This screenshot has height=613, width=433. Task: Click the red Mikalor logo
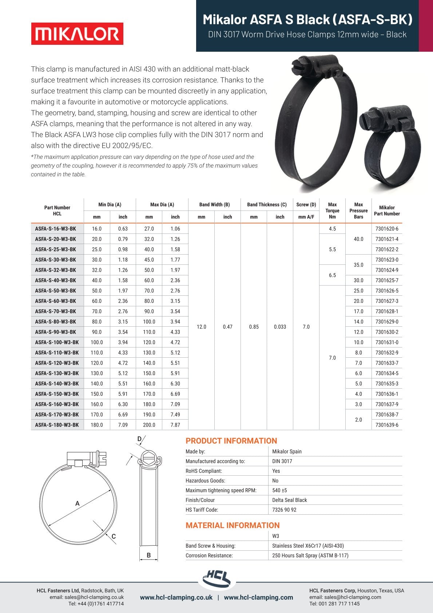tap(77, 34)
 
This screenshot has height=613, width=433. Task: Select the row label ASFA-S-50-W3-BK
tap(56, 291)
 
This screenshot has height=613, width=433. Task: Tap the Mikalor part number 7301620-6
tap(387, 229)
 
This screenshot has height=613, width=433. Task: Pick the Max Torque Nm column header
tap(332, 211)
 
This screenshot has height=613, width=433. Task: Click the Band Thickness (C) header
tap(267, 205)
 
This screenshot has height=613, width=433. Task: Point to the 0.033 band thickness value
tap(280, 327)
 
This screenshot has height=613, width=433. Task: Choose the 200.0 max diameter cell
tap(149, 425)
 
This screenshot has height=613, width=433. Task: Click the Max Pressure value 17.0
tap(358, 311)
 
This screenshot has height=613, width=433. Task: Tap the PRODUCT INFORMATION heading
tap(231, 441)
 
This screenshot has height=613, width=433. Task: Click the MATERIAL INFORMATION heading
tap(233, 525)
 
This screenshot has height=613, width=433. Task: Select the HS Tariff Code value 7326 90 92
tap(284, 510)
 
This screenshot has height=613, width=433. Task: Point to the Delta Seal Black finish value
tap(289, 500)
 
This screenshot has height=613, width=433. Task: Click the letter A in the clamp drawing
tap(77, 504)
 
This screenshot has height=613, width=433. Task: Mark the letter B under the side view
tap(148, 555)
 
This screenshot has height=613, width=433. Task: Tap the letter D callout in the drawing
tap(139, 439)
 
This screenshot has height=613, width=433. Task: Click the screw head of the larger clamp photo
tap(299, 67)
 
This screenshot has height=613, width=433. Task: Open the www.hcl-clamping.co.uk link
tap(176, 597)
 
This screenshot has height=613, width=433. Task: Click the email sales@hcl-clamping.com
tap(345, 597)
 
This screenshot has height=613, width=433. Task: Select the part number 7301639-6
tap(387, 425)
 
